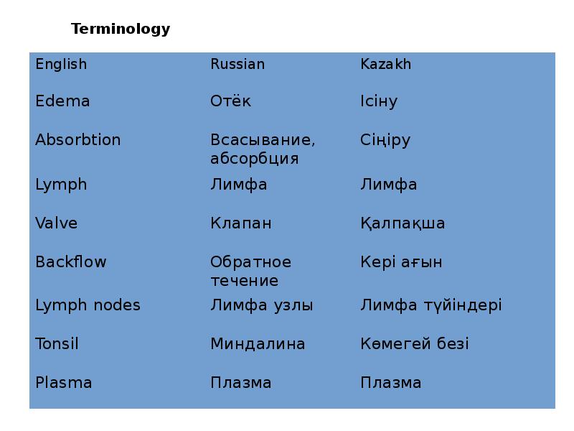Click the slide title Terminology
(121, 29)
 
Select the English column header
(61, 64)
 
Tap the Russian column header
(237, 64)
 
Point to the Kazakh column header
(385, 64)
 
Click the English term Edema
(62, 101)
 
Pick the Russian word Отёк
(230, 101)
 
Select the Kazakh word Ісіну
(378, 101)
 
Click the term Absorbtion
(77, 140)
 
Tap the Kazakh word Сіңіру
(385, 140)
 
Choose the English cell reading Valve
(56, 223)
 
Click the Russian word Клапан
(240, 223)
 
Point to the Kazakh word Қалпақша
(402, 223)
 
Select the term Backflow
(70, 262)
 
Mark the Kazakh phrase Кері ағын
(400, 262)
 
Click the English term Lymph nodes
(88, 305)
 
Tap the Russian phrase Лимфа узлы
(261, 305)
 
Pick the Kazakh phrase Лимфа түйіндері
(430, 305)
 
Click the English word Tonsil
(57, 344)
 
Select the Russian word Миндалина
(257, 344)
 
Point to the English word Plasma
(63, 383)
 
